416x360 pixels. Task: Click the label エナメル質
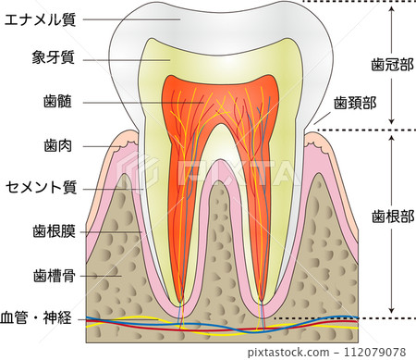(40, 20)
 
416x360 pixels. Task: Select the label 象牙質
(54, 57)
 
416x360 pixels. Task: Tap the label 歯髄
(57, 101)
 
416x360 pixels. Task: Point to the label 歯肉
(57, 145)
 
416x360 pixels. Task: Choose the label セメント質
(41, 188)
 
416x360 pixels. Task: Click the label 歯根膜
(54, 231)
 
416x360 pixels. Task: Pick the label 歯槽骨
(55, 275)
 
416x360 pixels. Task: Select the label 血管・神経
(36, 317)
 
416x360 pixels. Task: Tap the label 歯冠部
(392, 65)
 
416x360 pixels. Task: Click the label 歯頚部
(355, 103)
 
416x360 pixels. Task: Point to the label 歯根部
(393, 217)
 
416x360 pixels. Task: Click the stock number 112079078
(374, 352)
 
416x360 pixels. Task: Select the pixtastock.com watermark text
(288, 353)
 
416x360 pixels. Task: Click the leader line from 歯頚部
(322, 118)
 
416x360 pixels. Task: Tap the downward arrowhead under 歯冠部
(391, 121)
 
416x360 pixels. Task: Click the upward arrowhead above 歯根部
(391, 138)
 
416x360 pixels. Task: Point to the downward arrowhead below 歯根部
(391, 310)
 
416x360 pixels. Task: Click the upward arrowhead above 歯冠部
(391, 8)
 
